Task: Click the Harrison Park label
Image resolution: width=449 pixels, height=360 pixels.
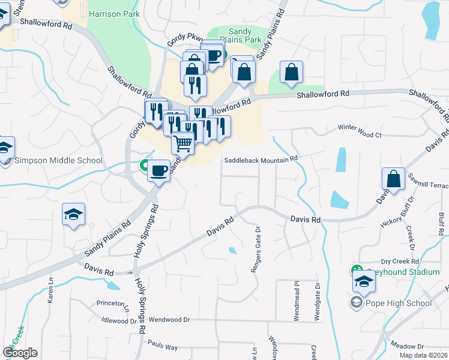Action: pyautogui.click(x=113, y=13)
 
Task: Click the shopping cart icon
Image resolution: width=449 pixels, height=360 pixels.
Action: pyautogui.click(x=183, y=143)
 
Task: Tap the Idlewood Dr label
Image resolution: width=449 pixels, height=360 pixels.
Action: pyautogui.click(x=119, y=321)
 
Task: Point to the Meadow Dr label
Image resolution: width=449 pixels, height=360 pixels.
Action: pyautogui.click(x=407, y=346)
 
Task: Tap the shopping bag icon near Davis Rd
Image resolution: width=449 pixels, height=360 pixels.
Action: pyautogui.click(x=393, y=179)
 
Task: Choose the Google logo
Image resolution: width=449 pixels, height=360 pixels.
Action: pyautogui.click(x=20, y=353)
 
